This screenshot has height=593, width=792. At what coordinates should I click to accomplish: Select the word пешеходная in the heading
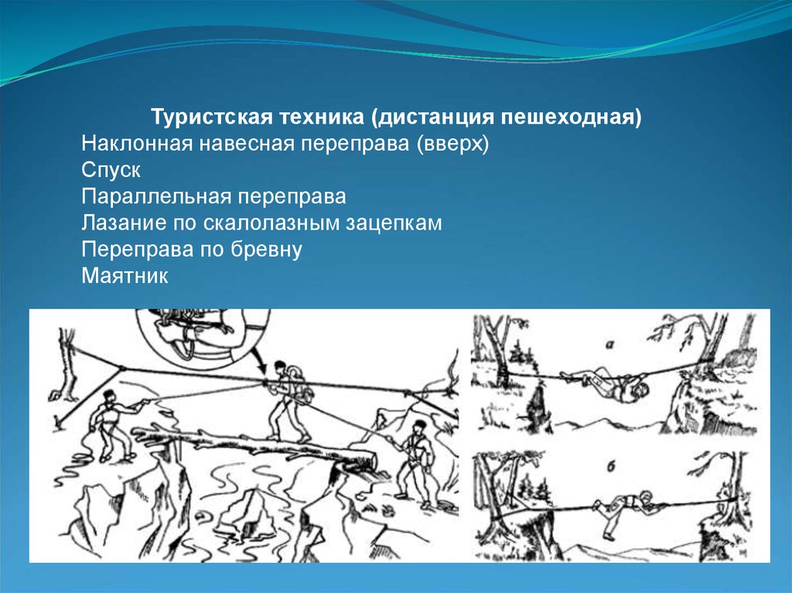572,118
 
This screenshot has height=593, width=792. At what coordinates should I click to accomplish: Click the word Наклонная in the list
138,144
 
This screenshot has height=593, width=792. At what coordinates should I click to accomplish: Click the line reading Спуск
111,170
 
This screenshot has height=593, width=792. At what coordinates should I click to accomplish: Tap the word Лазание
125,223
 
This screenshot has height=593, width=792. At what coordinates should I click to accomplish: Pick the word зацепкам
394,223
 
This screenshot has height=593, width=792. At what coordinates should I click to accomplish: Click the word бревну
267,249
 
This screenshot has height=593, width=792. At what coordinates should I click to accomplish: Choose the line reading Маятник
125,276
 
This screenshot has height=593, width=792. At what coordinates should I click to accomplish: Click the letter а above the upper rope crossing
610,345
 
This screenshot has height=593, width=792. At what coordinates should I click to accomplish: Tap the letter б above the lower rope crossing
611,466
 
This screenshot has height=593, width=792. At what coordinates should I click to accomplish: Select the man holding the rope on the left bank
112,425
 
